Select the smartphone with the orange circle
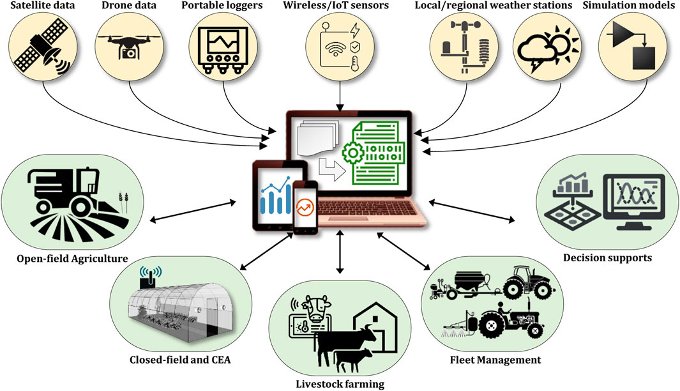pyautogui.click(x=305, y=207)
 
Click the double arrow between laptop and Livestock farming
pyautogui.click(x=340, y=252)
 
